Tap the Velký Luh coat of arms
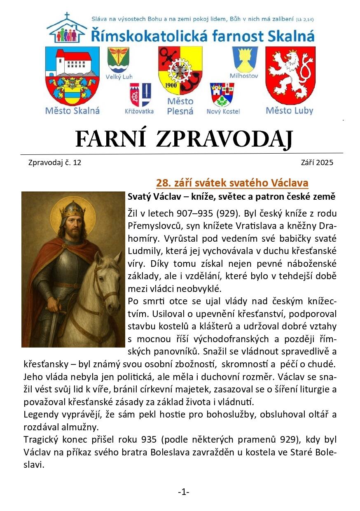point(118,60)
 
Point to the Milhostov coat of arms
point(245,59)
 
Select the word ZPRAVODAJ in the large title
point(224,140)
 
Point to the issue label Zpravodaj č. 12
point(55,163)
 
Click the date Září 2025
point(317,163)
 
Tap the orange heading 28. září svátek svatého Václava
point(232,183)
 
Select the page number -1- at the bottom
point(183,492)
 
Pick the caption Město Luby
point(289,111)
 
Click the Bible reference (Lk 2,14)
point(305,19)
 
